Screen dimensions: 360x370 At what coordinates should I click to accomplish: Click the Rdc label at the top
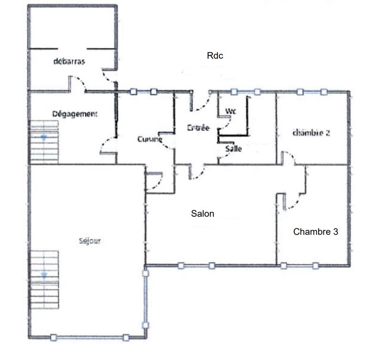pyautogui.click(x=215, y=55)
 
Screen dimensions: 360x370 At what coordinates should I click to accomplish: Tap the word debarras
pyautogui.click(x=69, y=61)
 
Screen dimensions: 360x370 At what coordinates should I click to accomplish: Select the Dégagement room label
pyautogui.click(x=74, y=114)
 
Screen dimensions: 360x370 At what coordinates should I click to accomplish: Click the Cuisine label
pyautogui.click(x=149, y=139)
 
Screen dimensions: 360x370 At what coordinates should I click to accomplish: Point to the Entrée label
pyautogui.click(x=198, y=128)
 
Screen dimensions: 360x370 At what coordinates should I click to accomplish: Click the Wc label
pyautogui.click(x=230, y=111)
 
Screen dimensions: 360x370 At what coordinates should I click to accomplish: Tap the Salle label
pyautogui.click(x=234, y=149)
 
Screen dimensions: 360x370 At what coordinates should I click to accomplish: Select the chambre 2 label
pyautogui.click(x=311, y=133)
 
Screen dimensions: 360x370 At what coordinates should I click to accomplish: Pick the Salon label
pyautogui.click(x=203, y=214)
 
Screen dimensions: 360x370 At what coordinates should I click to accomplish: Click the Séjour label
pyautogui.click(x=90, y=240)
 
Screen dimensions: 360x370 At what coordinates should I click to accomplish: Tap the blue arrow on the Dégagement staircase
pyautogui.click(x=44, y=137)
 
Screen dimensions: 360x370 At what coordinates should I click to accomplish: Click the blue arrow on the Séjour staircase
pyautogui.click(x=44, y=275)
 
